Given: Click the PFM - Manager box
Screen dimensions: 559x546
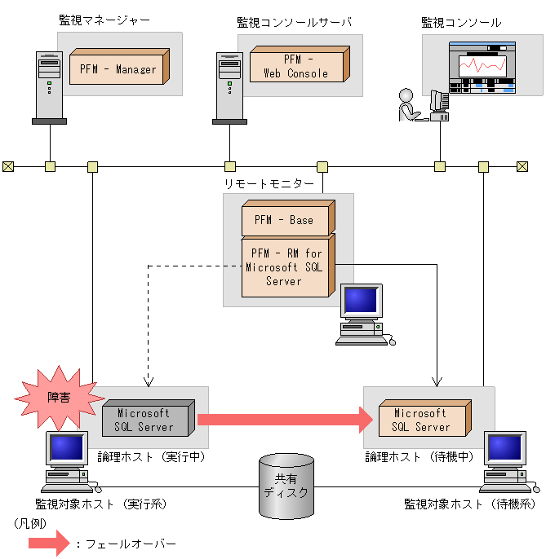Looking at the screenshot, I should tap(118, 69).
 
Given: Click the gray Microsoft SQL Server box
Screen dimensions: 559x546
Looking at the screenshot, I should tap(145, 420).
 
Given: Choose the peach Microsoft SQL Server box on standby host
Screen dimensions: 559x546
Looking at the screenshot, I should tap(421, 420).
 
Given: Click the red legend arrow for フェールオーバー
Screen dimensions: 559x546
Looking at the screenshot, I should tap(49, 543).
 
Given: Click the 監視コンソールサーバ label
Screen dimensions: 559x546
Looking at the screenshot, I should tap(293, 22).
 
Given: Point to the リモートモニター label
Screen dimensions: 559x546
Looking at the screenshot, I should tap(269, 184).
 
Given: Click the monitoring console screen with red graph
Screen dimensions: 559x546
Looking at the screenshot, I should tap(482, 69).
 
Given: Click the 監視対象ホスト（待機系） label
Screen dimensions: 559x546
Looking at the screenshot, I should tap(470, 504).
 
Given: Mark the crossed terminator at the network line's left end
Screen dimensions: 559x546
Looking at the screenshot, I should tap(8, 167).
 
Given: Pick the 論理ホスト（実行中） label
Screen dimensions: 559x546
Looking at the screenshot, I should tap(151, 457).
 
